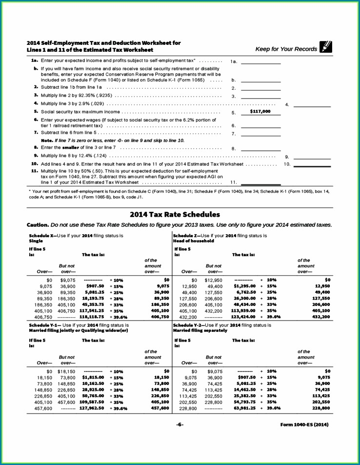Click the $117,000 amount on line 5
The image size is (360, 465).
pos(260,112)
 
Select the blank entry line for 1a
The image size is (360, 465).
pos(261,63)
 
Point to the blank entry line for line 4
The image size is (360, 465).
pos(312,105)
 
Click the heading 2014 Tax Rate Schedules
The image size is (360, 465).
pos(175,214)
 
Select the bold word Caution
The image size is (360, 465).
pos(38,225)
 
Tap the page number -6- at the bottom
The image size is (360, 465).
pos(180,425)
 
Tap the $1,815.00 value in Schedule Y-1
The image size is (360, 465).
pos(92,377)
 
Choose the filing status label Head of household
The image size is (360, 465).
pos(193,241)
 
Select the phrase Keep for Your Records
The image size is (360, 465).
pos(286,49)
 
